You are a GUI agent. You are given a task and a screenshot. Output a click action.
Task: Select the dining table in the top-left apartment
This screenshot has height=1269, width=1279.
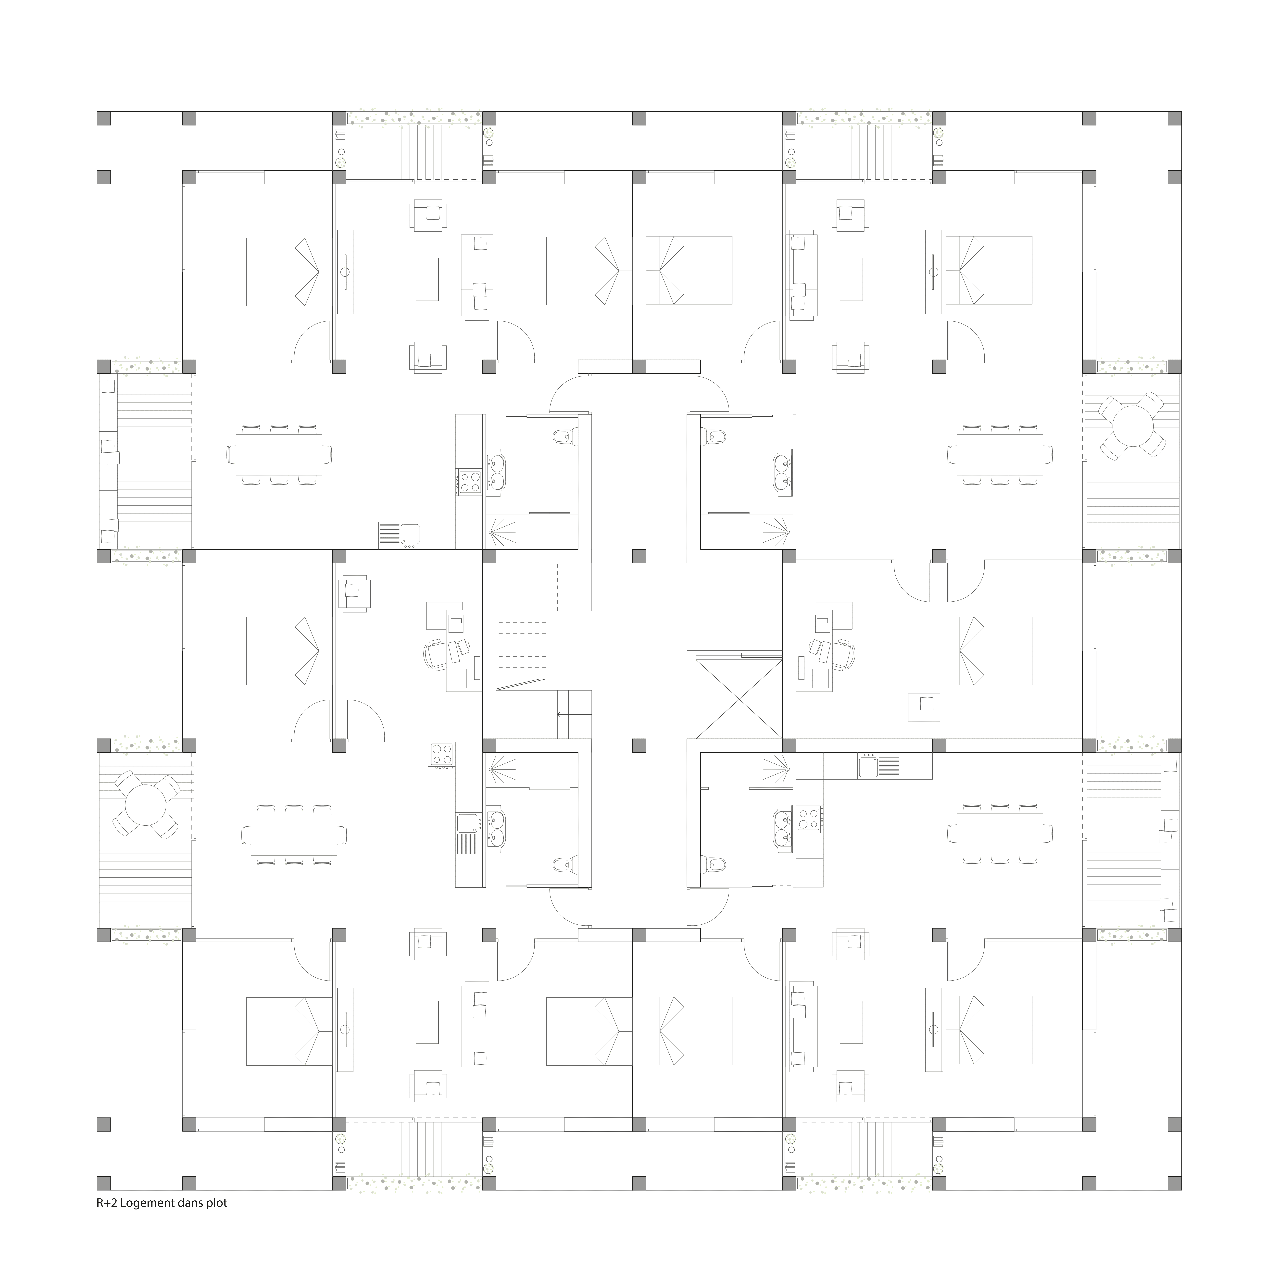(279, 455)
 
